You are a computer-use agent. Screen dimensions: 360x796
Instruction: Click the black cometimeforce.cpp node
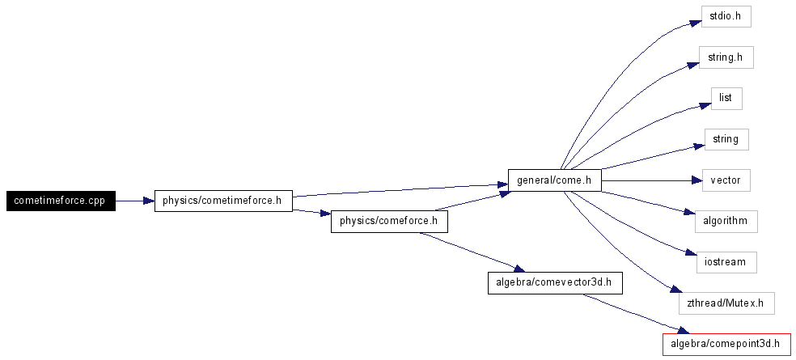tap(61, 201)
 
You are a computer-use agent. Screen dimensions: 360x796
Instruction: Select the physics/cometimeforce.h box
tap(223, 201)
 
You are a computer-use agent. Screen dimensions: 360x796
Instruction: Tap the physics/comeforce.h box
tap(389, 221)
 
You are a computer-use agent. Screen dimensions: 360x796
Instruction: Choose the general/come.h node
tap(554, 180)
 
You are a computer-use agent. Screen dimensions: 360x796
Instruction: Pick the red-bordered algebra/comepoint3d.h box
tap(726, 345)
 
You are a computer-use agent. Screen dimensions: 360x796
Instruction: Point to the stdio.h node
tap(726, 16)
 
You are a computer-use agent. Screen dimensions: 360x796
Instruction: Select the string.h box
tap(726, 57)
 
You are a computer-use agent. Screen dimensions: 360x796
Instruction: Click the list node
tap(726, 98)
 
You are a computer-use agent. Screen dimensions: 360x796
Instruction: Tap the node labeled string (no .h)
tap(726, 139)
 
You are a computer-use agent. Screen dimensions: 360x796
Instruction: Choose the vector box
tap(726, 180)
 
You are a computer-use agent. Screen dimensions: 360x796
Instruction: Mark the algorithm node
tap(726, 221)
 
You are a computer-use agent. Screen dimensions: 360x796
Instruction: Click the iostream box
tap(726, 262)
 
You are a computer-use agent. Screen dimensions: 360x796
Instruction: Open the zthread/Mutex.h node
tap(726, 303)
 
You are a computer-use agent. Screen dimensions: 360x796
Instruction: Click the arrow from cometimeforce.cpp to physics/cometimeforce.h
tap(134, 201)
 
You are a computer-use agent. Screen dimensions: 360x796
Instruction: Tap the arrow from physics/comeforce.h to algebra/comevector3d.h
tap(469, 252)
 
